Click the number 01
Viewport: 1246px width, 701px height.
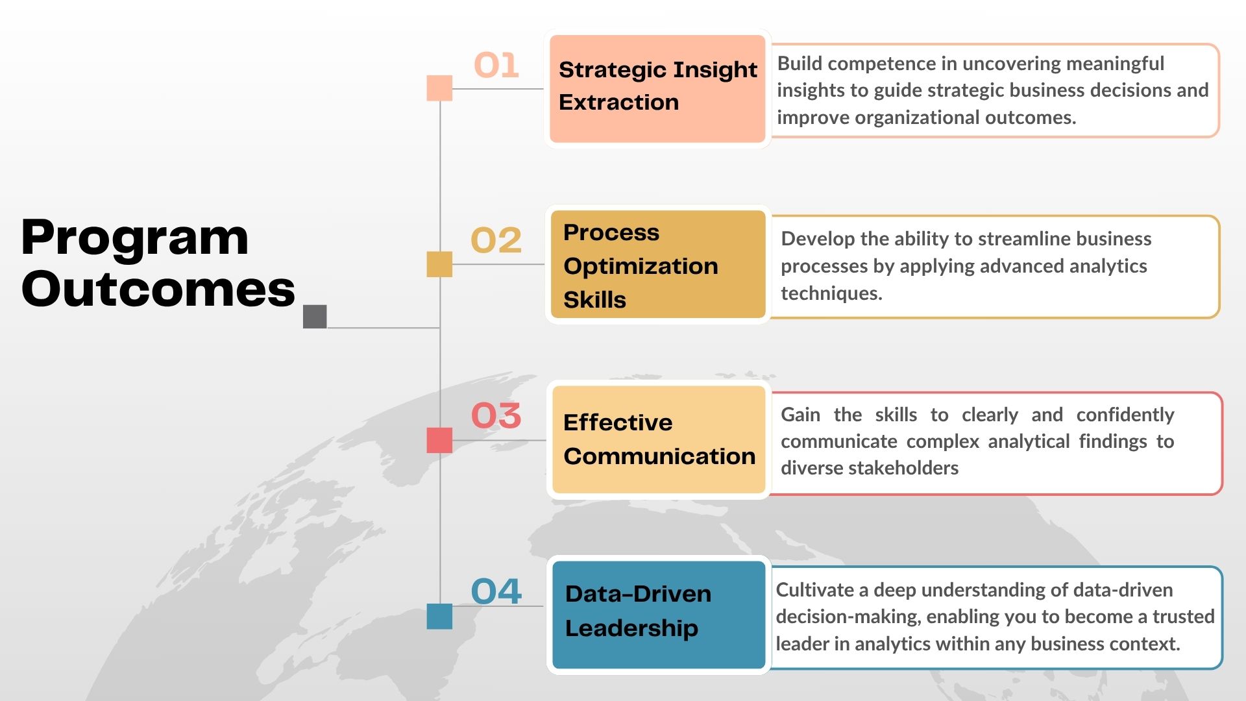pyautogui.click(x=496, y=65)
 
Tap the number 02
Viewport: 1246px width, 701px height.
pyautogui.click(x=496, y=240)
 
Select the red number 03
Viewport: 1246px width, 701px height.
pyautogui.click(x=496, y=415)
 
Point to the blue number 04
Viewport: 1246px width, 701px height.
pyautogui.click(x=496, y=591)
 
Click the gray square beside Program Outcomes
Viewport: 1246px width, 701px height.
pyautogui.click(x=315, y=317)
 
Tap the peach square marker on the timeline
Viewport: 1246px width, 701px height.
pyautogui.click(x=439, y=88)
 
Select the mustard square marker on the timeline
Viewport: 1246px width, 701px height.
pyautogui.click(x=439, y=264)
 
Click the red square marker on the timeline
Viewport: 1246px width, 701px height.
pyautogui.click(x=439, y=440)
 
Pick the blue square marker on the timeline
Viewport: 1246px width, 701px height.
pyautogui.click(x=439, y=616)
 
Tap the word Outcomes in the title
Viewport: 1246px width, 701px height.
pyautogui.click(x=158, y=289)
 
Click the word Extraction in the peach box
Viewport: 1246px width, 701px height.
pyautogui.click(x=618, y=103)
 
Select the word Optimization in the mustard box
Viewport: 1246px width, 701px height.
pyautogui.click(x=641, y=267)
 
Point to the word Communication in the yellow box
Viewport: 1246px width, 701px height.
pyautogui.click(x=659, y=456)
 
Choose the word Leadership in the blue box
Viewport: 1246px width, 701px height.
pyautogui.click(x=631, y=629)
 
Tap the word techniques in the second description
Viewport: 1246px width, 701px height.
pyautogui.click(x=831, y=293)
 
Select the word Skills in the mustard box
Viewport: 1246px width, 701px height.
pyautogui.click(x=594, y=300)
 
